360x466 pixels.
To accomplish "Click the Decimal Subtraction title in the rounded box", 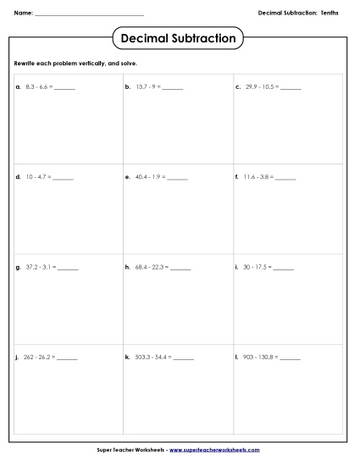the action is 178,38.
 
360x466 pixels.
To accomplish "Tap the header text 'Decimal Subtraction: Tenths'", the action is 298,13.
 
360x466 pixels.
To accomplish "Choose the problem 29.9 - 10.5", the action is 260,87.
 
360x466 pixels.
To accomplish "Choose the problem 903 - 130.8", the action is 260,358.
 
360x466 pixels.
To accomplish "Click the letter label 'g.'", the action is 18,268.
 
